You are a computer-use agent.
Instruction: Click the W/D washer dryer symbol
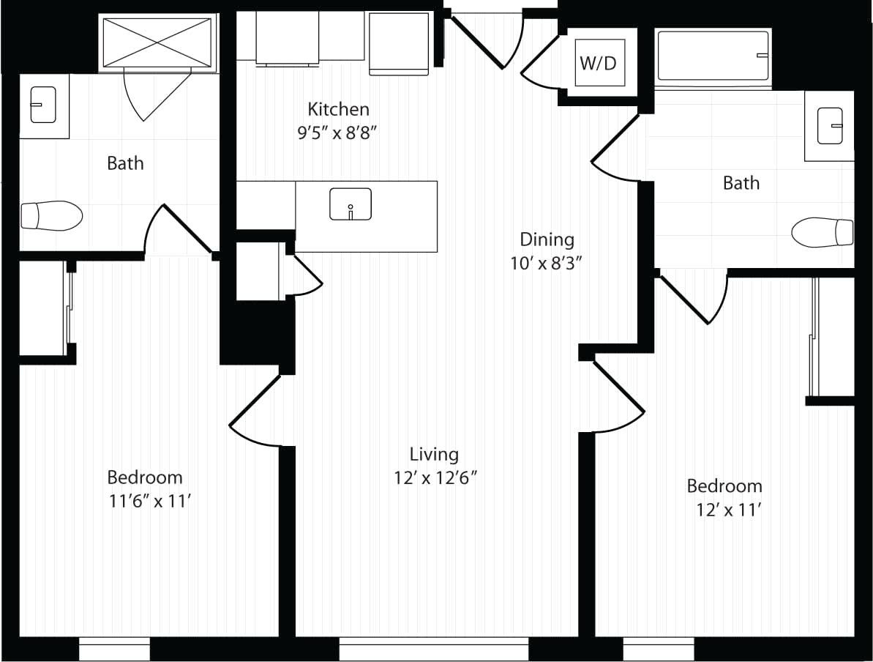click(599, 63)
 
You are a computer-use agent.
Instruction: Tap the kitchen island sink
click(351, 204)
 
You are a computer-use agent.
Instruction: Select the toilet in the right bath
click(823, 231)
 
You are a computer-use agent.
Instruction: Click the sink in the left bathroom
click(43, 105)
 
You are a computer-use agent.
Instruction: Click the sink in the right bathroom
click(831, 125)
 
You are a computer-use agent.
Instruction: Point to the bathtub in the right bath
click(713, 56)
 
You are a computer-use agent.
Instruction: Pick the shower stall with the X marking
click(157, 43)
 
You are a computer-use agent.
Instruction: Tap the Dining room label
click(547, 239)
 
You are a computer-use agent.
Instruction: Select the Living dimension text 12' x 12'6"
click(435, 477)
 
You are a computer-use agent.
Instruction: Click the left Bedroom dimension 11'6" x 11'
click(145, 501)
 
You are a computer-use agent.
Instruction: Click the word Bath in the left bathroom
click(125, 163)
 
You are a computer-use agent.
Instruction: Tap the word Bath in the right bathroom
click(741, 182)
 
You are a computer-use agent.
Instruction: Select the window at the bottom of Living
click(433, 649)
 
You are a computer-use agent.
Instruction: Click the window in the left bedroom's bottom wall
click(114, 649)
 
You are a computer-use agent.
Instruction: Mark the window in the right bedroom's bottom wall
click(658, 649)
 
